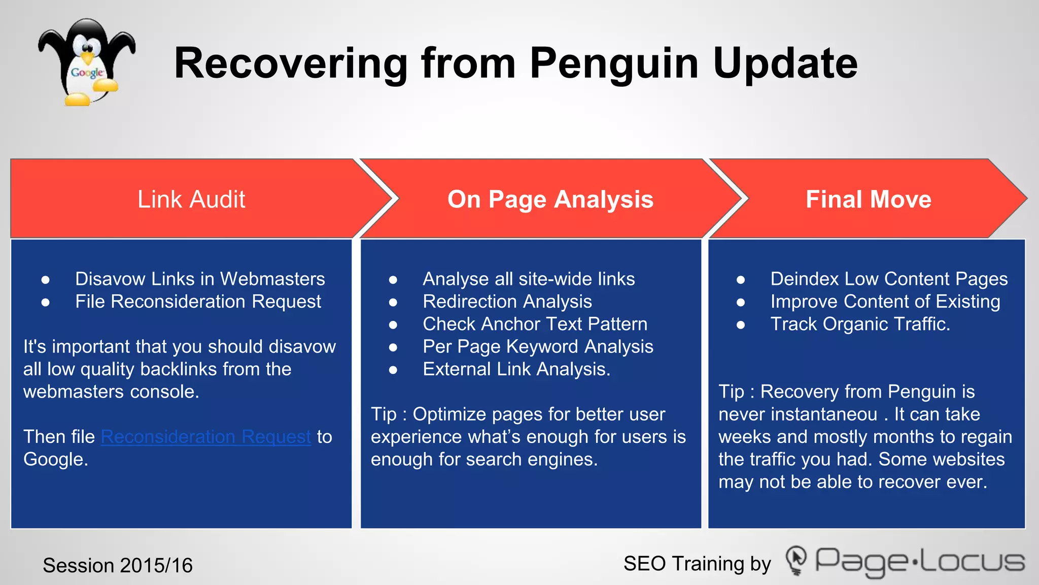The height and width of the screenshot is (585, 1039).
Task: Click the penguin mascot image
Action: click(x=86, y=62)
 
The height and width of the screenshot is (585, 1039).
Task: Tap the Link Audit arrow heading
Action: click(x=191, y=199)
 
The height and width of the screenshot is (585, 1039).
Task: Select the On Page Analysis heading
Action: click(x=550, y=199)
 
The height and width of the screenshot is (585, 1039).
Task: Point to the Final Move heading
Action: click(x=868, y=199)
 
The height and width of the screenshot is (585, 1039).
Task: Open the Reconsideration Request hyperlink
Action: click(x=205, y=437)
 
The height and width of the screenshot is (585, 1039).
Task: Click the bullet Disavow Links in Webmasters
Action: click(x=200, y=279)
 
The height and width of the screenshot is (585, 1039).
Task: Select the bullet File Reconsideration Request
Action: click(x=198, y=302)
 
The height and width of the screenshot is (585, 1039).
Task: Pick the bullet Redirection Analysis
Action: click(x=507, y=302)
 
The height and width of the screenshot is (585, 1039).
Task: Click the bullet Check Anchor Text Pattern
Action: click(x=535, y=324)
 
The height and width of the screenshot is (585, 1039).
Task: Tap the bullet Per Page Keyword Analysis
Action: click(x=538, y=347)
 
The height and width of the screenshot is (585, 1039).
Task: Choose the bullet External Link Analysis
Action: click(x=516, y=369)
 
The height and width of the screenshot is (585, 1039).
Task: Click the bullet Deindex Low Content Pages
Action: click(x=889, y=279)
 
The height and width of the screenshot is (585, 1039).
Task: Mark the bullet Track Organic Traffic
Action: click(x=860, y=324)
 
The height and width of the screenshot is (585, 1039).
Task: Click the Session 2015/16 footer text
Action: click(x=118, y=565)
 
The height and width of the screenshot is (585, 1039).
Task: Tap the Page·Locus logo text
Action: click(x=919, y=562)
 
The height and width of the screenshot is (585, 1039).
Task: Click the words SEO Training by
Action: click(x=697, y=564)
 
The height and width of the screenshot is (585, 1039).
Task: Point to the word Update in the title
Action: click(x=785, y=63)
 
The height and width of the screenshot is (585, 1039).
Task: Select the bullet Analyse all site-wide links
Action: click(x=529, y=279)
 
